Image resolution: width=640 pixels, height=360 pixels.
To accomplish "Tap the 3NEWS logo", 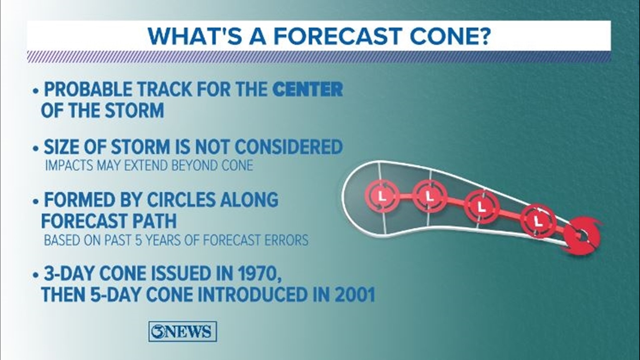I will [183, 331].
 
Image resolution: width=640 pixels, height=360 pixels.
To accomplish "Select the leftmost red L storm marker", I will [382, 197].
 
